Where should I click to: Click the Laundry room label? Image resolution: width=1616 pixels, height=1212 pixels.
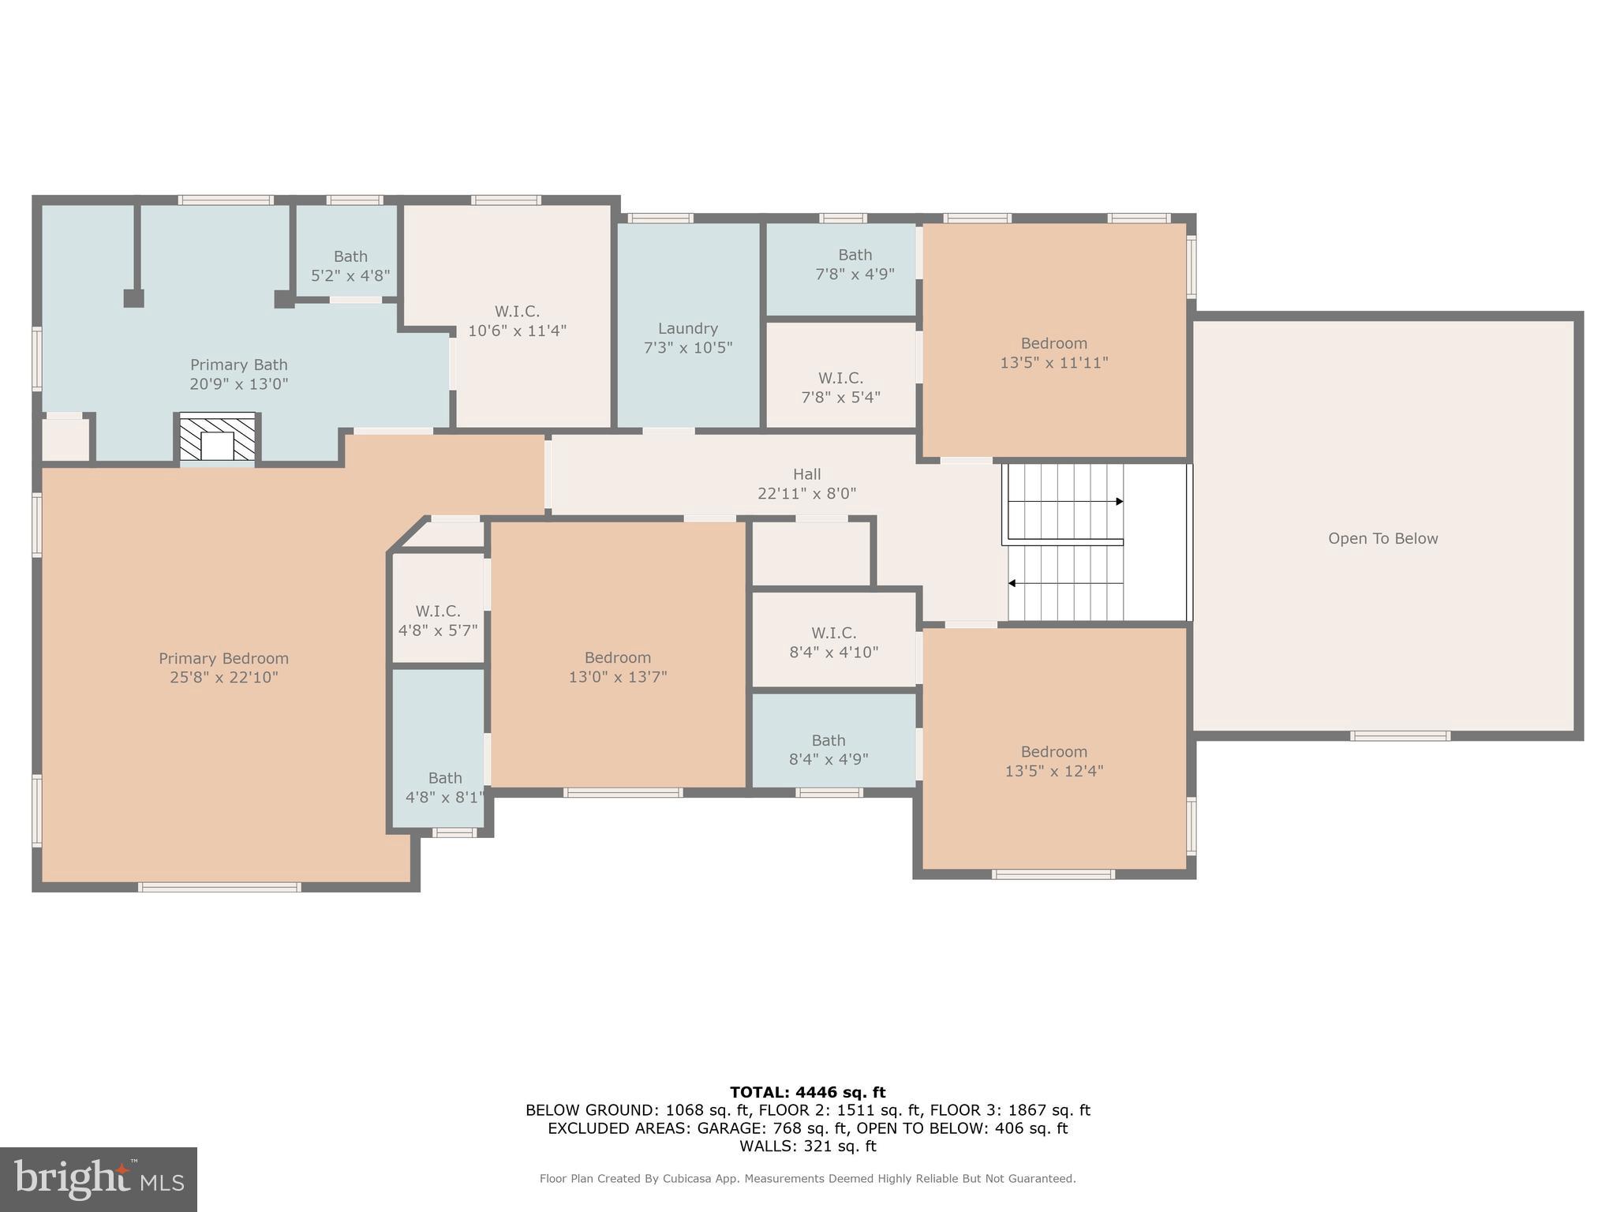click(x=688, y=328)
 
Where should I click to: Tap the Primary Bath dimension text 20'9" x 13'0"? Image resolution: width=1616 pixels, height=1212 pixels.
click(x=239, y=384)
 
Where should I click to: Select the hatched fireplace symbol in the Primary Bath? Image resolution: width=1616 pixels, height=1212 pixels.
click(x=218, y=437)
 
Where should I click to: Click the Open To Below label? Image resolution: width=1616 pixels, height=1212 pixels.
click(x=1383, y=538)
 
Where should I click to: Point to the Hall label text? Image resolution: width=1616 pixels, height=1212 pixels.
click(x=807, y=474)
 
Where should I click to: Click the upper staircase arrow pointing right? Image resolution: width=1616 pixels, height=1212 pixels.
click(x=1065, y=501)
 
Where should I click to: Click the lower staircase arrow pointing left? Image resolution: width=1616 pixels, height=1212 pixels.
click(x=1065, y=583)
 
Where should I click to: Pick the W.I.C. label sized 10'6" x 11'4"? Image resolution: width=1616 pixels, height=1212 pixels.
click(x=517, y=311)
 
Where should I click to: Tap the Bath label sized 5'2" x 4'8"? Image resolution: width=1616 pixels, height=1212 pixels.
click(x=350, y=256)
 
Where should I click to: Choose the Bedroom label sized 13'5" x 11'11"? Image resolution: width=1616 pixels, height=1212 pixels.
click(x=1054, y=343)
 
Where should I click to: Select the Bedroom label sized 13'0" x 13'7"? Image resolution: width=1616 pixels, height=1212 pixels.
click(x=618, y=657)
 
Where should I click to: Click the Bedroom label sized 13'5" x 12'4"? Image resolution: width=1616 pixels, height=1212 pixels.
click(x=1054, y=752)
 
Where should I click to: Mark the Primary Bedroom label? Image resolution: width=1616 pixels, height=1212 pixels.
click(x=224, y=658)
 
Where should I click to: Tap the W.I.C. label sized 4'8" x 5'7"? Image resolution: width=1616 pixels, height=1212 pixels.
click(x=438, y=611)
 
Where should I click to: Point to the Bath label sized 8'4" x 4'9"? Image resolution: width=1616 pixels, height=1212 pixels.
click(x=829, y=740)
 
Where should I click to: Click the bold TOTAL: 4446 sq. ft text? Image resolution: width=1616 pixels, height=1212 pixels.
click(x=808, y=1092)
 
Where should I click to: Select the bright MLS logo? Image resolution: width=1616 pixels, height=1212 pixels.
click(x=99, y=1179)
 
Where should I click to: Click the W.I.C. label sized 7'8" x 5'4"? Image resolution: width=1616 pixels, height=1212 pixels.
click(x=840, y=378)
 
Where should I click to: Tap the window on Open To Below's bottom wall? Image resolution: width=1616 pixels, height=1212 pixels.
click(x=1401, y=736)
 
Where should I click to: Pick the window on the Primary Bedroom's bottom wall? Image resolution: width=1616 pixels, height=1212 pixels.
click(x=220, y=888)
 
